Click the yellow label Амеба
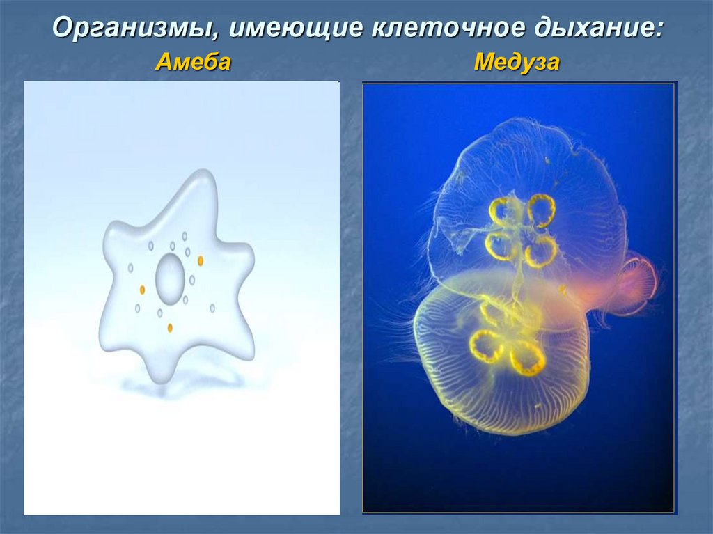tap(194, 63)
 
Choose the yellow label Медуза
tap(517, 63)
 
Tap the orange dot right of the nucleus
tap(201, 260)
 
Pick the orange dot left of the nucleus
tap(142, 290)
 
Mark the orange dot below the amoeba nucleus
tap(170, 328)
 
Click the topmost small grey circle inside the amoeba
tap(185, 236)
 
